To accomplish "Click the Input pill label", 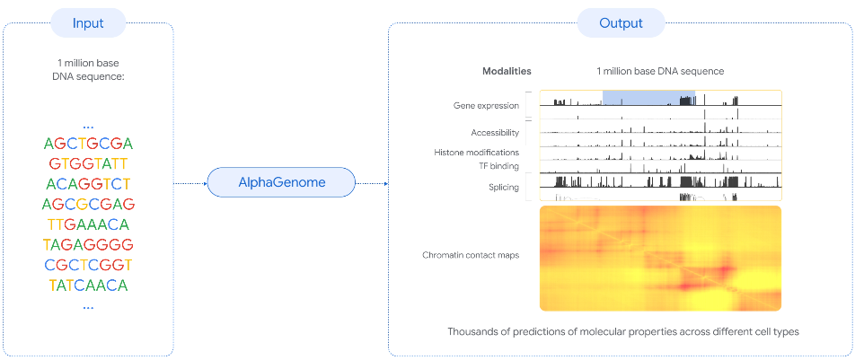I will point(88,23).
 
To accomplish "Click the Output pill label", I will point(621,23).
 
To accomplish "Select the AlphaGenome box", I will point(282,183).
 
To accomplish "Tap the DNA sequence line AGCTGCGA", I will point(88,144).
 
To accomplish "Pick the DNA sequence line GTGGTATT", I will point(88,163).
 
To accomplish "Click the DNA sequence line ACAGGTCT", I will point(88,184).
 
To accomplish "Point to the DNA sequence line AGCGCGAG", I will point(88,204).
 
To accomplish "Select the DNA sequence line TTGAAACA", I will point(88,224).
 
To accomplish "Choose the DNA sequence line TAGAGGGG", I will point(88,245).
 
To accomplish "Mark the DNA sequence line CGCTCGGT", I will point(88,265).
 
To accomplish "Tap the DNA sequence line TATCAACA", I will point(88,285).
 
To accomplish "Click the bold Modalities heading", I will point(507,71).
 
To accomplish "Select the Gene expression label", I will point(486,106).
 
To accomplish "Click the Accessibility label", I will point(495,133).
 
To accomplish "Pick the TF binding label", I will point(497,166).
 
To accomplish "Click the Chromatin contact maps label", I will point(471,255).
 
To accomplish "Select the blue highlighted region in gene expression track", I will point(637,97).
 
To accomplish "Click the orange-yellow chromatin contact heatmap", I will point(660,259).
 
